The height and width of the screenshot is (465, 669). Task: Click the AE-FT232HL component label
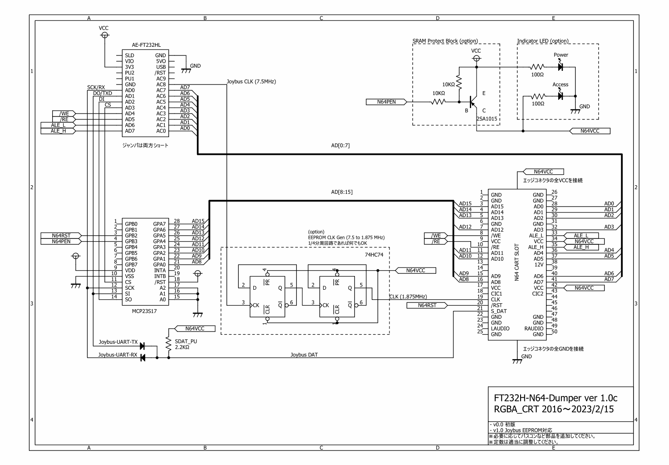[x=146, y=45]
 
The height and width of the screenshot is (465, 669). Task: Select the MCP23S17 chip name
[x=144, y=311]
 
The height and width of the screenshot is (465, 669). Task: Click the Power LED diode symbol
[x=560, y=67]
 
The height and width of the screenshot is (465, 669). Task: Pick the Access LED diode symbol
[x=560, y=96]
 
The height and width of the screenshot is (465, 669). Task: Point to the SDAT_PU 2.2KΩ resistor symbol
[x=169, y=344]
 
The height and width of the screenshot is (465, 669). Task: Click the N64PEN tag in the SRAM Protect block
[x=386, y=102]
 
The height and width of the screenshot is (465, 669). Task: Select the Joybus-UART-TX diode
[x=143, y=346]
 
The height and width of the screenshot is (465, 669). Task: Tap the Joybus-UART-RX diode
[x=143, y=358]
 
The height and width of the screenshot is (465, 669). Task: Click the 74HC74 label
[x=374, y=255]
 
